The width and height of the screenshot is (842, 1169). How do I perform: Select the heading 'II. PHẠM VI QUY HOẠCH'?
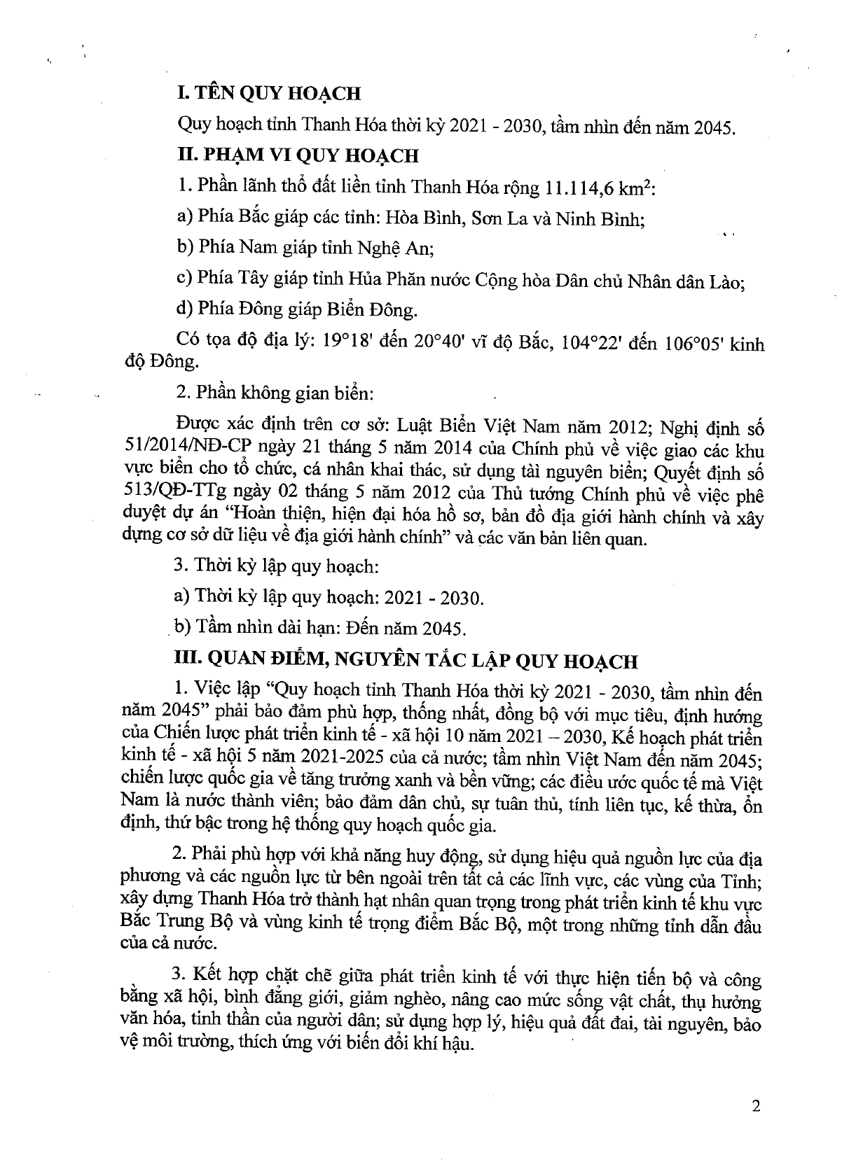298,155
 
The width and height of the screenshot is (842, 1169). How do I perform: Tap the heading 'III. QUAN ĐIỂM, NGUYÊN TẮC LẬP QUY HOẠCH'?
406,661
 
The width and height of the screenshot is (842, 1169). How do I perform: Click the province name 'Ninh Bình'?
600,219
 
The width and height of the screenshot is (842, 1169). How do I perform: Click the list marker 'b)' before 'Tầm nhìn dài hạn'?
183,626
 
